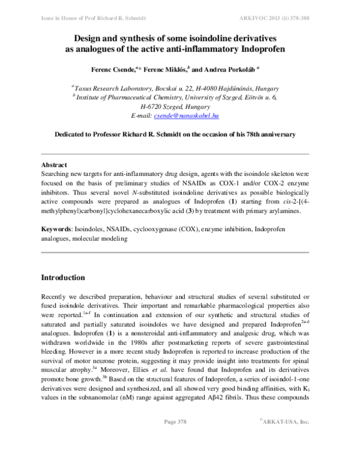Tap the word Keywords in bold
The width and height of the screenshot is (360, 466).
(58, 229)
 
